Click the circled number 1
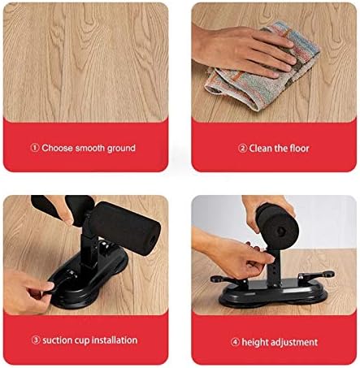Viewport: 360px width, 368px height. (35, 148)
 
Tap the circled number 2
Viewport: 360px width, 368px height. (242, 148)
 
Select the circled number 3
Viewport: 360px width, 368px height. (36, 340)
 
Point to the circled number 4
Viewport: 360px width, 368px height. (235, 342)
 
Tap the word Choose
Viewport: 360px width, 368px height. (57, 148)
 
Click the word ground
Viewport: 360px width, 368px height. (121, 149)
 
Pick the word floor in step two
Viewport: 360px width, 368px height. (299, 148)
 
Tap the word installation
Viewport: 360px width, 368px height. (114, 340)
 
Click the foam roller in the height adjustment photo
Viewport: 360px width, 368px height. (277, 225)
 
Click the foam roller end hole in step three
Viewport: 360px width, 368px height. (153, 240)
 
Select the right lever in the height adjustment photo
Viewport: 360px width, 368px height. (316, 275)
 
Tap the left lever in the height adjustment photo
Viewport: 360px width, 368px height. (227, 279)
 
